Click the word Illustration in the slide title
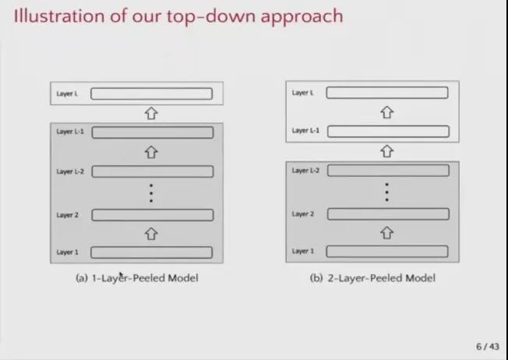coord(59,16)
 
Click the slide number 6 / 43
coord(487,347)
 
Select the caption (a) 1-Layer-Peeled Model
coord(136,278)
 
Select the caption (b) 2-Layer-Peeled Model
coord(372,278)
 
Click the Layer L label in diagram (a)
coord(67,94)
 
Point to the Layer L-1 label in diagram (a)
coord(70,132)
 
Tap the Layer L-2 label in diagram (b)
coord(305,171)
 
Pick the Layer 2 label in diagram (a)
coord(67,215)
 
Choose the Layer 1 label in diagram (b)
coord(303,251)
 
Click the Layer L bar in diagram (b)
coord(387,93)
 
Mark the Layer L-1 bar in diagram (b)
coord(388,131)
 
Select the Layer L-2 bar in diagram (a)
coord(153,171)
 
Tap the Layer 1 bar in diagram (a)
coord(152,252)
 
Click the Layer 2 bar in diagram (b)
coord(388,214)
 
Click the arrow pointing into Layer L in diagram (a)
coord(151,114)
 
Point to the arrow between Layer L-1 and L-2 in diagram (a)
coord(151,152)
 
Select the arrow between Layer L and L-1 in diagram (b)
coord(386,112)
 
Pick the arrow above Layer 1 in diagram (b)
coord(386,233)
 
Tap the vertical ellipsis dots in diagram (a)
coord(151,193)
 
